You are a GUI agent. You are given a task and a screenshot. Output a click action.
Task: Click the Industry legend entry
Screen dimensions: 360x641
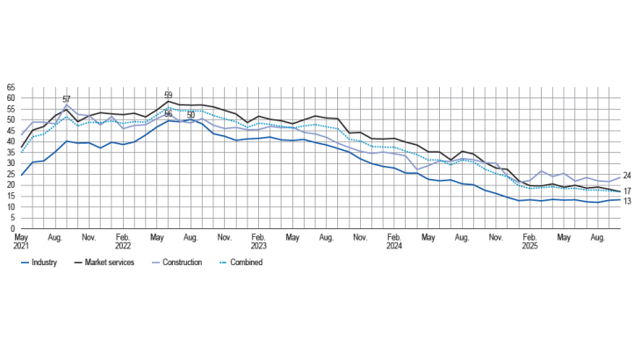pos(43,262)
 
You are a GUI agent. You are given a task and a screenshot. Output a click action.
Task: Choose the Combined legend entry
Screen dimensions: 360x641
pos(245,262)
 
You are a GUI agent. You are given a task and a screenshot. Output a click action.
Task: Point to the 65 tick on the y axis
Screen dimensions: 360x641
pos(11,88)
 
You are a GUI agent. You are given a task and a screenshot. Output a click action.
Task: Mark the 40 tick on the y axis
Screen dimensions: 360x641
pos(11,142)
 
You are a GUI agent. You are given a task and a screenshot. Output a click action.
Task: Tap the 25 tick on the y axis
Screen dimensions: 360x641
pos(11,175)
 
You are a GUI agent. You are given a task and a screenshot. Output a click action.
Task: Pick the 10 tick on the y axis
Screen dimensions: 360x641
pos(11,207)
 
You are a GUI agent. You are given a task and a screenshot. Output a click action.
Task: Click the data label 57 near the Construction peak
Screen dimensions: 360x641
pos(67,99)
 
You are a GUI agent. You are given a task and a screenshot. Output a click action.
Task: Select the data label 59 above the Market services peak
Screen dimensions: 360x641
pos(169,95)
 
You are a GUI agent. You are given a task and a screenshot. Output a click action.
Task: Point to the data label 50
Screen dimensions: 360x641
pos(191,115)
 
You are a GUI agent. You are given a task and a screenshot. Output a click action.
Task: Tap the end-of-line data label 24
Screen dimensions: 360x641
pos(628,176)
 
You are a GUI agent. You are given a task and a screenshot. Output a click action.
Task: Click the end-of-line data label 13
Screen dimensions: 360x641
pos(628,201)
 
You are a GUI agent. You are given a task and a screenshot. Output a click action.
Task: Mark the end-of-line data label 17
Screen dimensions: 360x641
pos(628,191)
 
